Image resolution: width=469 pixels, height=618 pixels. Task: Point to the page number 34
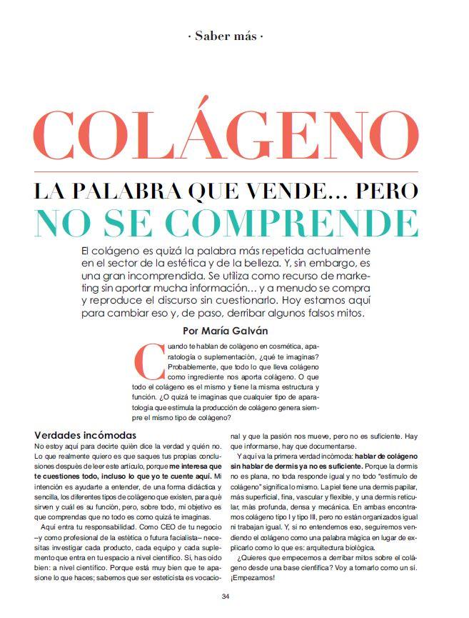point(226,596)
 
